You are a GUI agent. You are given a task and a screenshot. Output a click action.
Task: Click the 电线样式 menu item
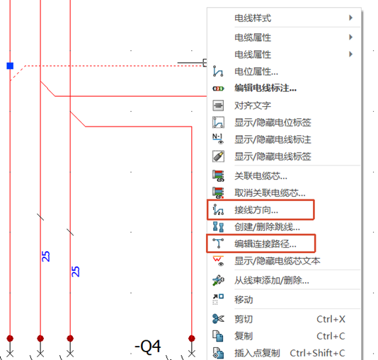(x=253, y=18)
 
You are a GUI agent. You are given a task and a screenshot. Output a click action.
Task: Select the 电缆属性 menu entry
(x=253, y=37)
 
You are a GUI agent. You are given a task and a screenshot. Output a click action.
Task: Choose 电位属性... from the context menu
(x=256, y=71)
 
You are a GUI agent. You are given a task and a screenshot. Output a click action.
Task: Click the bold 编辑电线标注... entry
(x=265, y=88)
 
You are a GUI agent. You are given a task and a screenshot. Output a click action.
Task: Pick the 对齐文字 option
(x=253, y=105)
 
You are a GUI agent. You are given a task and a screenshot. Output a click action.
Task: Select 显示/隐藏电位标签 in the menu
(x=273, y=122)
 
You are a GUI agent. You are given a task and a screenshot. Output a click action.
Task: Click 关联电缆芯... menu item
(x=260, y=176)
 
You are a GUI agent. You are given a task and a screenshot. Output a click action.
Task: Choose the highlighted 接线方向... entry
(x=256, y=210)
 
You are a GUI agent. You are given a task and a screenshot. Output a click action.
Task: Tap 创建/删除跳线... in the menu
(x=267, y=227)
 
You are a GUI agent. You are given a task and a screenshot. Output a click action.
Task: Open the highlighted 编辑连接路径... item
(x=265, y=244)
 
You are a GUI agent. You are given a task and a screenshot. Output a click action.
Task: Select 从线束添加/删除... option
(x=272, y=280)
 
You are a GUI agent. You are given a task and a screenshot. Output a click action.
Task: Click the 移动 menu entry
(x=244, y=300)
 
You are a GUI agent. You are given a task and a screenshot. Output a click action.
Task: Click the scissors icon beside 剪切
(x=218, y=319)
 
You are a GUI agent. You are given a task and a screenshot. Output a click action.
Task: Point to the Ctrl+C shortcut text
(x=331, y=336)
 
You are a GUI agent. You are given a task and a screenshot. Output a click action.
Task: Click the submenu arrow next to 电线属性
(x=351, y=54)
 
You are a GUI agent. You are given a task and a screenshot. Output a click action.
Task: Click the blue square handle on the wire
(x=10, y=66)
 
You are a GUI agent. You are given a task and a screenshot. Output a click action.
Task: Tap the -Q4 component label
(x=147, y=347)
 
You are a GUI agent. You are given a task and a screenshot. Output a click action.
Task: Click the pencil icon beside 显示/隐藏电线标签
(x=218, y=156)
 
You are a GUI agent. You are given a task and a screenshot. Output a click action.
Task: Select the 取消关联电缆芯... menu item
(x=270, y=193)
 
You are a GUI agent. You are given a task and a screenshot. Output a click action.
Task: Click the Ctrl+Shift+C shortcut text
(x=317, y=353)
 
